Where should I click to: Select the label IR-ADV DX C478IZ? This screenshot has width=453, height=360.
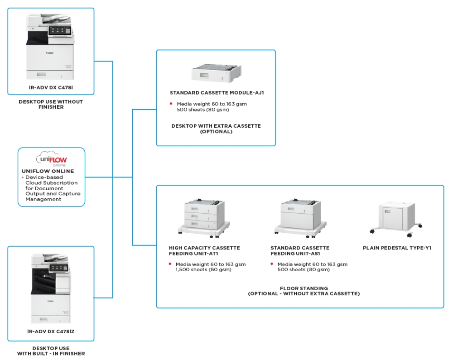pos(50,331)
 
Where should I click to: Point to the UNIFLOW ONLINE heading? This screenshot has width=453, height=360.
pos(48,171)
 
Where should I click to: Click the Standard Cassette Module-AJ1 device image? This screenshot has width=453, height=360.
pos(216,72)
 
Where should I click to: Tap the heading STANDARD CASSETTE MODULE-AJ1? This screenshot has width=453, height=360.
pos(217,93)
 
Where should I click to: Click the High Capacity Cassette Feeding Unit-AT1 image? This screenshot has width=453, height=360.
pos(202,216)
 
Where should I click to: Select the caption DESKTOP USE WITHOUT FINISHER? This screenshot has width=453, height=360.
pos(50,104)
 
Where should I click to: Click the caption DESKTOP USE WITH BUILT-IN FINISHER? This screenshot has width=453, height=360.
pos(51,351)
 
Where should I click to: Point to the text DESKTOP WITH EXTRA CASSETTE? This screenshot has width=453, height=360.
pos(216,126)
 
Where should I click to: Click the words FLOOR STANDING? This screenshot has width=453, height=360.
pos(304,288)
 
